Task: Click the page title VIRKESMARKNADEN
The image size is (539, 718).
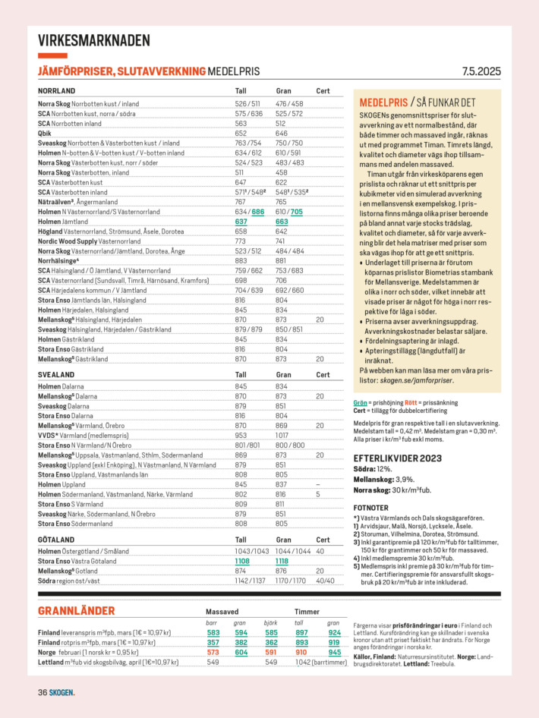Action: pyautogui.click(x=93, y=41)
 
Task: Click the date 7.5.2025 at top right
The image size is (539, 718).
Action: pyautogui.click(x=481, y=72)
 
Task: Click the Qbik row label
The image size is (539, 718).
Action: pyautogui.click(x=44, y=133)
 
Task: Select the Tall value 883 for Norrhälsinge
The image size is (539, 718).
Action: pyautogui.click(x=240, y=261)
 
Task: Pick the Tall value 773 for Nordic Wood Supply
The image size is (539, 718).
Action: pyautogui.click(x=240, y=241)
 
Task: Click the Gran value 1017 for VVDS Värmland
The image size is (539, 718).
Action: pyautogui.click(x=282, y=436)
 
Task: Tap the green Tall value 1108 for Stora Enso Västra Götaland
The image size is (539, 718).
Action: pyautogui.click(x=242, y=560)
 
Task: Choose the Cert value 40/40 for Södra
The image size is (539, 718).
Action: pyautogui.click(x=324, y=581)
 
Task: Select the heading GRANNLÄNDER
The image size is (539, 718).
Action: pyautogui.click(x=77, y=611)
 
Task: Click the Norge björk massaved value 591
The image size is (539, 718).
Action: pyautogui.click(x=271, y=651)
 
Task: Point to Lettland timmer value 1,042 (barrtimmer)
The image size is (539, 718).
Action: pyautogui.click(x=320, y=662)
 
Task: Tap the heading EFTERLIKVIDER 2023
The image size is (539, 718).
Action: pyautogui.click(x=398, y=458)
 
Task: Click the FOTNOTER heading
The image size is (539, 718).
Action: pyautogui.click(x=371, y=508)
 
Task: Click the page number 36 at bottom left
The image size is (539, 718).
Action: pyautogui.click(x=43, y=692)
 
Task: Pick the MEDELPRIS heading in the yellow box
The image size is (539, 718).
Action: pyautogui.click(x=383, y=102)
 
